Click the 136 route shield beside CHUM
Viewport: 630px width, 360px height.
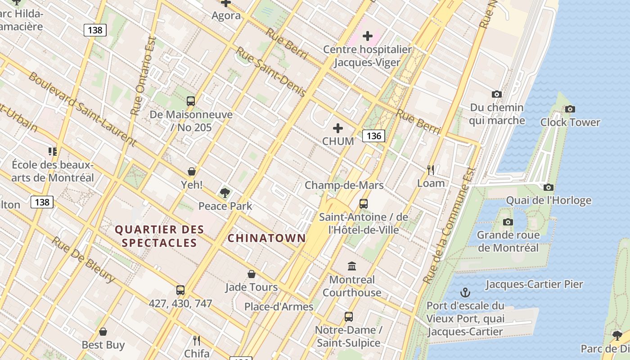(x=373, y=135)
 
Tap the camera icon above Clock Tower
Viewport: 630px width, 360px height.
(x=570, y=109)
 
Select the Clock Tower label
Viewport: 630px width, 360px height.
(x=570, y=122)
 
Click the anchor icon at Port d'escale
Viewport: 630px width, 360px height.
(x=465, y=293)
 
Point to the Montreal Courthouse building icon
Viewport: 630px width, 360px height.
(x=352, y=266)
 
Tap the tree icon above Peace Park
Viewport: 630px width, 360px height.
(x=225, y=193)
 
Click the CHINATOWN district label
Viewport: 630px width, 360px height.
(x=266, y=238)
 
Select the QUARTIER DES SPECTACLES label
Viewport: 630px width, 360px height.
(x=160, y=236)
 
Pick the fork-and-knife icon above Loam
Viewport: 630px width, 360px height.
(x=431, y=170)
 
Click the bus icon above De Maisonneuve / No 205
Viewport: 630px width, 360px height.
(x=191, y=101)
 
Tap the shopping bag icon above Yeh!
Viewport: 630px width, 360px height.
(x=192, y=171)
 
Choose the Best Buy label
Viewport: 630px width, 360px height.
(x=103, y=345)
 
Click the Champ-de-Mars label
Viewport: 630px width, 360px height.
(x=344, y=185)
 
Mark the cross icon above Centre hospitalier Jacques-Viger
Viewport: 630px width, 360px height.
(x=368, y=36)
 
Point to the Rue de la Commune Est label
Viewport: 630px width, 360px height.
(x=450, y=225)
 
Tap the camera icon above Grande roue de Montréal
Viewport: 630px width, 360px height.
(x=508, y=222)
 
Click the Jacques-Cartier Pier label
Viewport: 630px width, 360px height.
(x=534, y=284)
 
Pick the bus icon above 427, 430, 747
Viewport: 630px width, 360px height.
(x=180, y=290)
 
